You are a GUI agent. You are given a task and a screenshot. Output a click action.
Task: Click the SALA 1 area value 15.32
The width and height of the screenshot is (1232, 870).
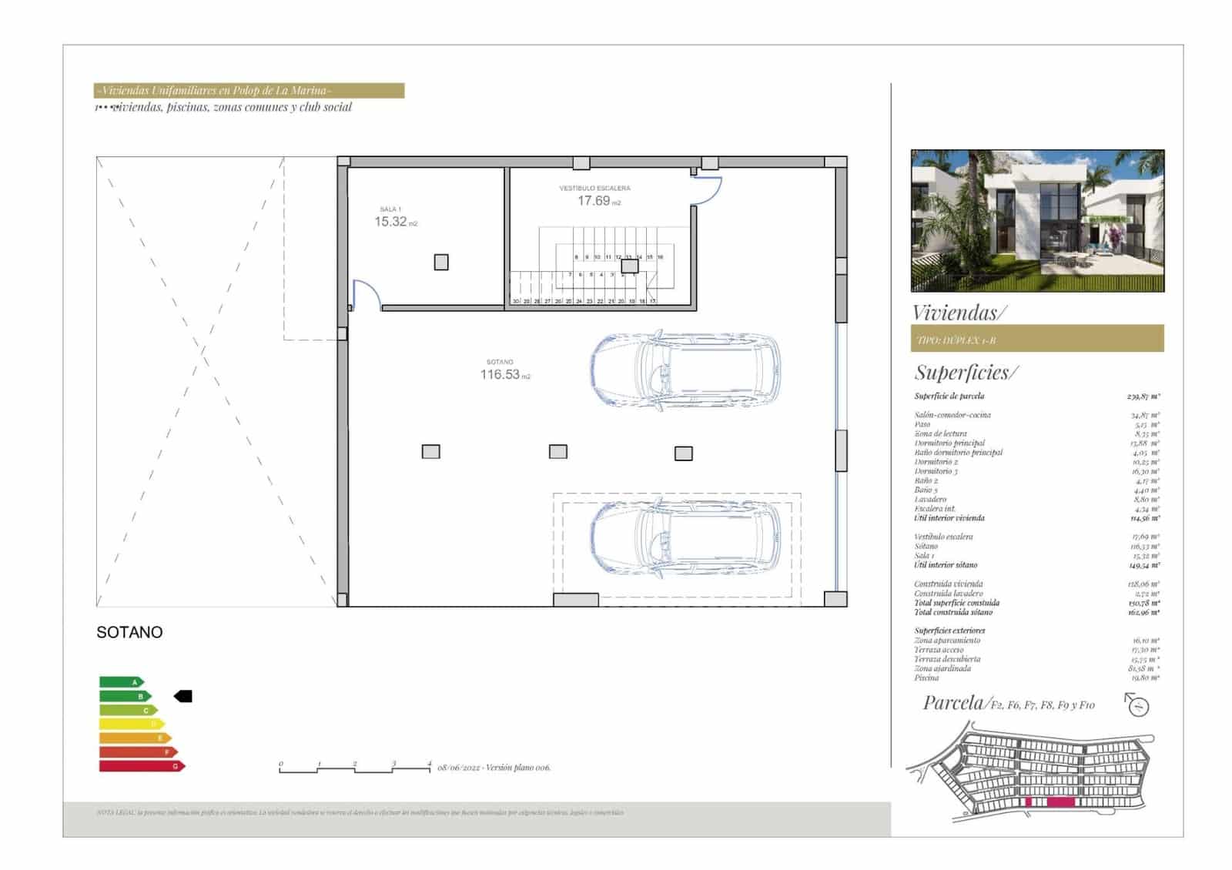coord(391,222)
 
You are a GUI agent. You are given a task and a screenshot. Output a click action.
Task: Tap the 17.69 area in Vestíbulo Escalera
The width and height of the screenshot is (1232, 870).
coord(594,201)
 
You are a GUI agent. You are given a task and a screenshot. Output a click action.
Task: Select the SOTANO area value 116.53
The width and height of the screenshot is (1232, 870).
coord(500,375)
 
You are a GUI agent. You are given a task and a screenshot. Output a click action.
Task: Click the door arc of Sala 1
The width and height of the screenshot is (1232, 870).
coord(367,293)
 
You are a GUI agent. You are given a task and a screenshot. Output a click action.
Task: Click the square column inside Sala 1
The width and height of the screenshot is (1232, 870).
coord(441,263)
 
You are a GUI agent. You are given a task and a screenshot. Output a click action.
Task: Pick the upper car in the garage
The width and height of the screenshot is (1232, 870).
coord(685,370)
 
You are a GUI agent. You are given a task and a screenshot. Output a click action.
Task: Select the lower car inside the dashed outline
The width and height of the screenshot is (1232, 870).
coord(685,537)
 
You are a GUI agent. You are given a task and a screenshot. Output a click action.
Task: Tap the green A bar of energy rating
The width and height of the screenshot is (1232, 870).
coord(121,682)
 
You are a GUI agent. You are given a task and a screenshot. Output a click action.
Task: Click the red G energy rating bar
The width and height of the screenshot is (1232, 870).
coord(142,766)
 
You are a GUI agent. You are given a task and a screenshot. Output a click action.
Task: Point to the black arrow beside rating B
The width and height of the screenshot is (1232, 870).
coord(183,697)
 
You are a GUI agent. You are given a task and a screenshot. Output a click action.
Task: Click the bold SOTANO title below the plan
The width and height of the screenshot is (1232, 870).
coord(129,632)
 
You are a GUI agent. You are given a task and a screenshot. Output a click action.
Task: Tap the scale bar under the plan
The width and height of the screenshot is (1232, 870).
coord(355,768)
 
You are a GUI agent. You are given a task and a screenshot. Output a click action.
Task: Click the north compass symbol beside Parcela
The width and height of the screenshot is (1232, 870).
coord(1137,704)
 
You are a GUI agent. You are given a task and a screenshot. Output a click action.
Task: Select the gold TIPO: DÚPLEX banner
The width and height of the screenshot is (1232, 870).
coord(1036,339)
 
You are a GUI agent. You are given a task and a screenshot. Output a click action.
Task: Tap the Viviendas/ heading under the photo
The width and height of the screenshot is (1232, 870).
coord(959,313)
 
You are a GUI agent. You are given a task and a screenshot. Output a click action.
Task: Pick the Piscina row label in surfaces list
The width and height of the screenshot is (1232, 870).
coord(926,678)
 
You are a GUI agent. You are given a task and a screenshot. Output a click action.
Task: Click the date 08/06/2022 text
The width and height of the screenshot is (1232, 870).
coord(459,768)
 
